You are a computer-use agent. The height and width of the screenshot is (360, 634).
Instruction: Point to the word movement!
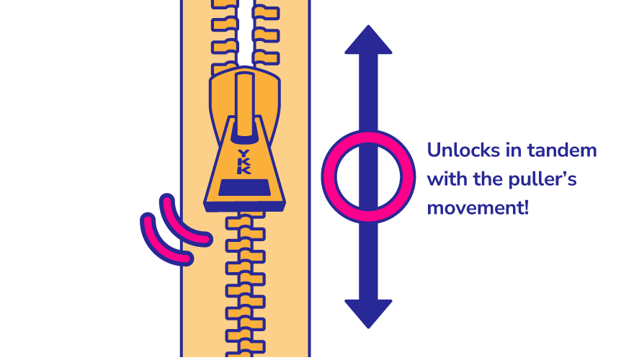(x=478, y=208)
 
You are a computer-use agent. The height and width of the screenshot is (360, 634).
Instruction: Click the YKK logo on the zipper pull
(x=244, y=162)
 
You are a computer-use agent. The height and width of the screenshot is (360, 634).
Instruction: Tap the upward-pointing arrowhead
(x=368, y=40)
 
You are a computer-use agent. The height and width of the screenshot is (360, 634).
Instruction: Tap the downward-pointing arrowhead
(x=368, y=312)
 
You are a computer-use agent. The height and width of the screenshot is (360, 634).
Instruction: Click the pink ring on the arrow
(x=329, y=176)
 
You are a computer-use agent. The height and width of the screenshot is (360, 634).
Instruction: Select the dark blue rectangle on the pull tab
(x=244, y=188)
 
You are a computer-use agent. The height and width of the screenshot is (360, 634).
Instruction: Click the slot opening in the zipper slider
(x=245, y=108)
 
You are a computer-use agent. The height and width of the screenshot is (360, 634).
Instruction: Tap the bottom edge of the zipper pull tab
(x=244, y=207)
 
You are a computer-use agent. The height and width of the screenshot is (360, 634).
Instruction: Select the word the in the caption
(x=498, y=179)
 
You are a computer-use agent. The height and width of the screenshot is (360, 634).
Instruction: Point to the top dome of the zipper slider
(x=245, y=72)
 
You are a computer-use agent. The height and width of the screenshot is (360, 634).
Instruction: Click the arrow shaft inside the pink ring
(x=368, y=176)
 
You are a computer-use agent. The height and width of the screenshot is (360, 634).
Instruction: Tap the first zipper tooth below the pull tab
(x=245, y=220)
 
